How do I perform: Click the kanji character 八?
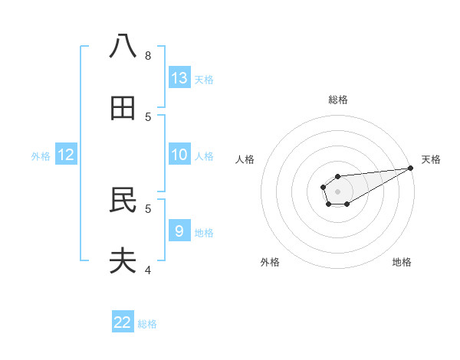click(123, 47)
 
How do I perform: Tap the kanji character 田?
click(123, 109)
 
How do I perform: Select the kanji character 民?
click(123, 200)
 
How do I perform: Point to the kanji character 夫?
click(123, 261)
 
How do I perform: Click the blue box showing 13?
click(179, 78)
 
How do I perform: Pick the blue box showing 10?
click(179, 155)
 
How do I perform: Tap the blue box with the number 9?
click(179, 231)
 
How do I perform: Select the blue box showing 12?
click(66, 155)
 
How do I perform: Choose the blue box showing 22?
click(123, 322)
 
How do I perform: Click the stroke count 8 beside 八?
click(148, 55)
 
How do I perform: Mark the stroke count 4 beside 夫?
click(148, 270)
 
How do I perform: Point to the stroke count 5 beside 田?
click(148, 116)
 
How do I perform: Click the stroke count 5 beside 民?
click(148, 208)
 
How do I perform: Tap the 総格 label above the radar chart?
click(337, 100)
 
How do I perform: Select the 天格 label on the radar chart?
click(432, 159)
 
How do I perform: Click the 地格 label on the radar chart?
click(402, 262)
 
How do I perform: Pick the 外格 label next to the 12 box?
click(41, 156)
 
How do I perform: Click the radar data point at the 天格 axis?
click(410, 168)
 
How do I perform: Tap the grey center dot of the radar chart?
click(337, 191)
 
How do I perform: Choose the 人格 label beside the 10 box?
click(204, 156)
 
